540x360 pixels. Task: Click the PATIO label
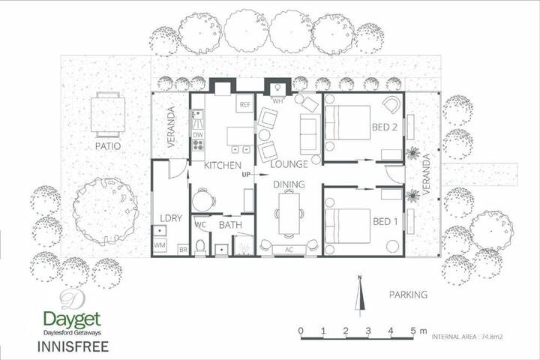pyautogui.click(x=108, y=146)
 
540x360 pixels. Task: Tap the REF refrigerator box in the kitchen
pyautogui.click(x=244, y=104)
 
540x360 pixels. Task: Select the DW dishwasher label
pyautogui.click(x=198, y=135)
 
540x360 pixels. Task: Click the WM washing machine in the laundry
pyautogui.click(x=160, y=245)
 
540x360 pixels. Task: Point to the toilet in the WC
pyautogui.click(x=199, y=247)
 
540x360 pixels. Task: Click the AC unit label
pyautogui.click(x=289, y=250)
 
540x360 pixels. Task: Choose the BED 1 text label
pyautogui.click(x=385, y=221)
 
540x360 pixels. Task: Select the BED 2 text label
pyautogui.click(x=385, y=127)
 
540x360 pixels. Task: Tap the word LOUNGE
pyautogui.click(x=289, y=164)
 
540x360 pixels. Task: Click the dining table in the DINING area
pyautogui.click(x=289, y=213)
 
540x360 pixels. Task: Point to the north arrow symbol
pyautogui.click(x=360, y=295)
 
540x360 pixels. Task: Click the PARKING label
pyautogui.click(x=408, y=295)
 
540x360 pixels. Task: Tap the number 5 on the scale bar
pyautogui.click(x=413, y=331)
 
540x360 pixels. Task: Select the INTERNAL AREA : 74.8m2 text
pyautogui.click(x=467, y=337)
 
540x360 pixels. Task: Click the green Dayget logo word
pyautogui.click(x=72, y=320)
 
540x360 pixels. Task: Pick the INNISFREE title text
pyautogui.click(x=73, y=346)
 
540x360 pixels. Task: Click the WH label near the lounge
pyautogui.click(x=277, y=101)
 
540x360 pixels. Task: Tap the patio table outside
pyautogui.click(x=108, y=115)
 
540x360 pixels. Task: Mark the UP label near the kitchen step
pyautogui.click(x=246, y=175)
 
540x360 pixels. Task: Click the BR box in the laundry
pyautogui.click(x=183, y=250)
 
